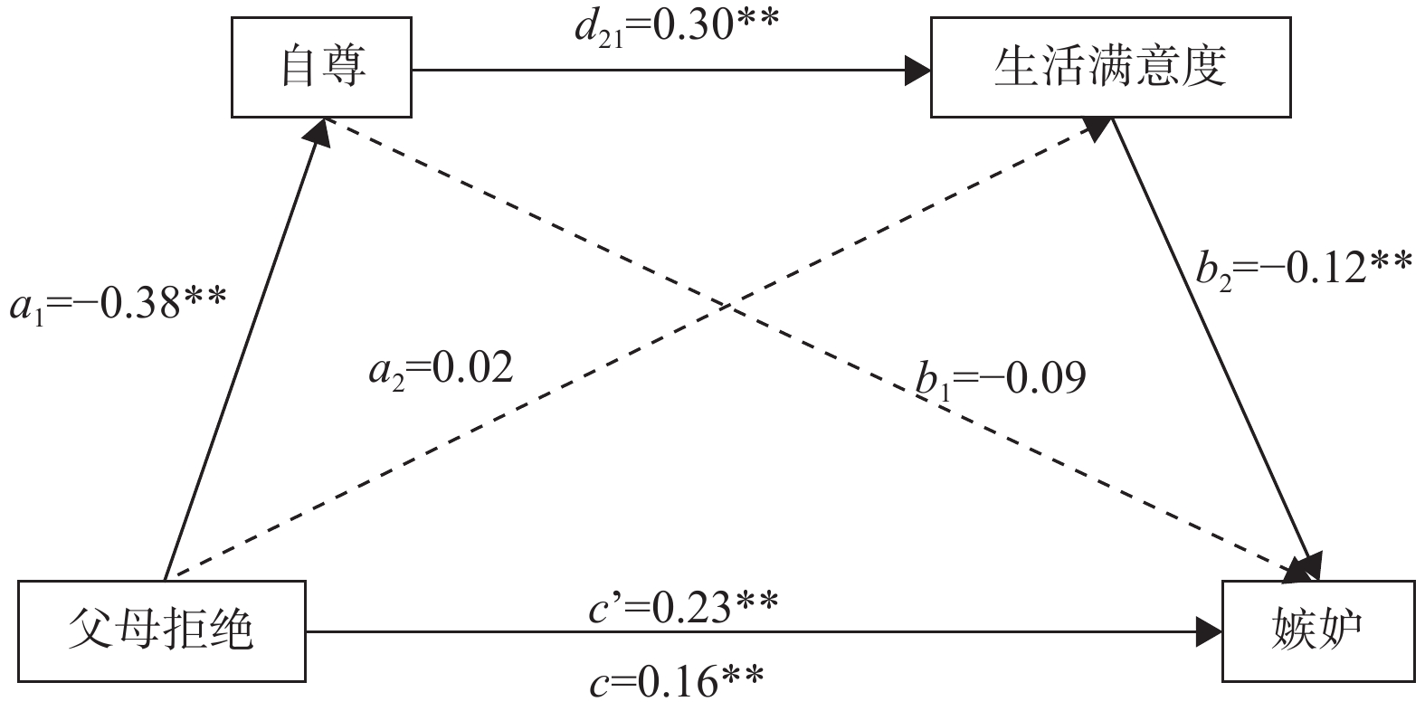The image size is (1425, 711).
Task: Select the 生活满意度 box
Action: [x=1110, y=70]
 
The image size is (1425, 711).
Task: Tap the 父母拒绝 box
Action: [x=162, y=630]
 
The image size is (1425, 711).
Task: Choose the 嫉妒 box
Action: [x=1318, y=630]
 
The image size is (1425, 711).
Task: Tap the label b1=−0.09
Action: [x=1000, y=379]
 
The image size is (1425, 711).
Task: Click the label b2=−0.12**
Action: [x=1303, y=269]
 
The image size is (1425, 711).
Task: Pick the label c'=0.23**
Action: [x=682, y=608]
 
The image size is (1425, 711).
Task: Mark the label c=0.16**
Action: [x=677, y=680]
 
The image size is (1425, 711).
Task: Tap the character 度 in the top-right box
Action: [x=1204, y=70]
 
